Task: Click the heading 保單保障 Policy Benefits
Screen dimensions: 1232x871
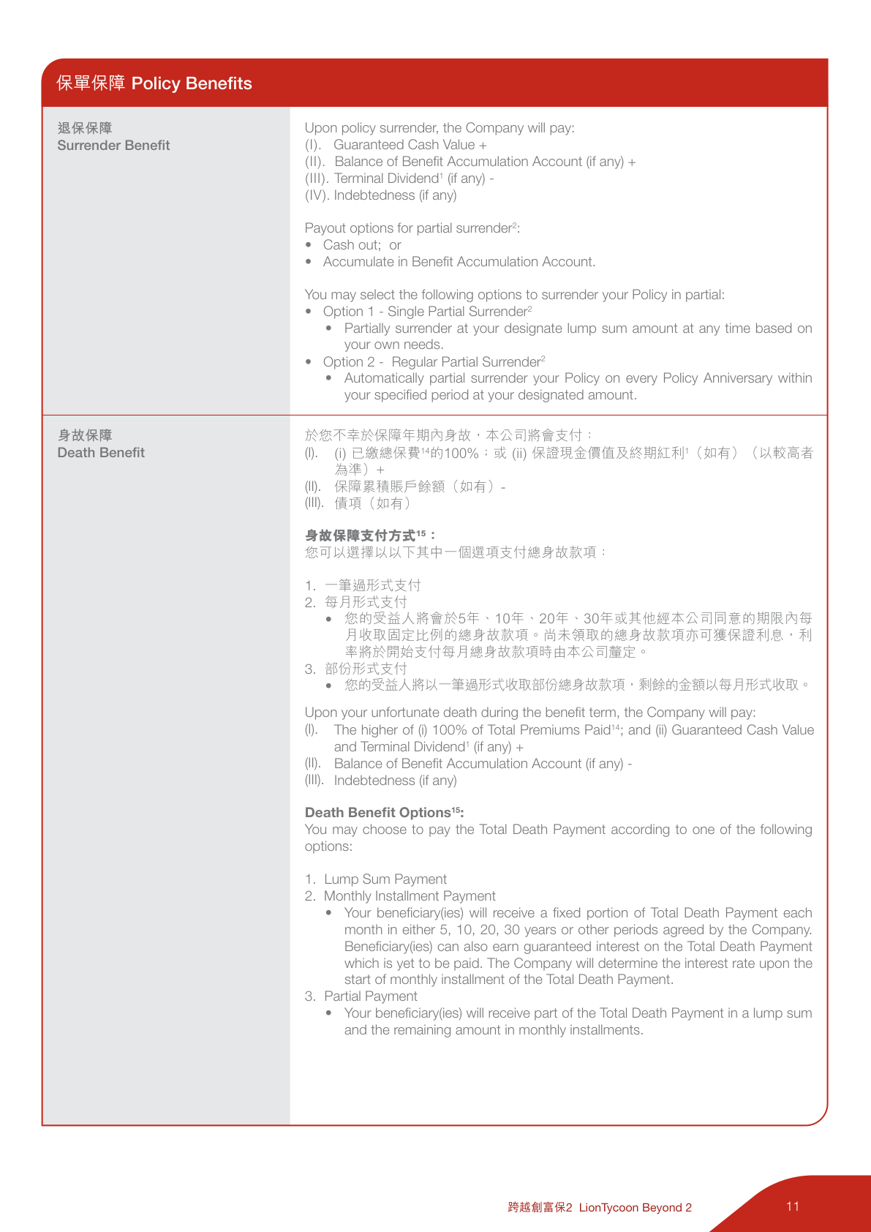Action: [154, 83]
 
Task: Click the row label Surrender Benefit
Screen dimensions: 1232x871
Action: [113, 145]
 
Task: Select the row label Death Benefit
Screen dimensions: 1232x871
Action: [101, 452]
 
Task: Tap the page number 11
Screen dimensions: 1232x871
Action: [793, 1206]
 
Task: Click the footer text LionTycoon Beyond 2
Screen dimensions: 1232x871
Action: [635, 1207]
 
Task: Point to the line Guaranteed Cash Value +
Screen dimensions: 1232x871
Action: [410, 145]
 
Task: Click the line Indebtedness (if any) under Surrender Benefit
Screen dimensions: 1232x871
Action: [395, 195]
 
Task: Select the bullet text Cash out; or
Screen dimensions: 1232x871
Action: [362, 245]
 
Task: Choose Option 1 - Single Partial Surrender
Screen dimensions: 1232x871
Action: [427, 312]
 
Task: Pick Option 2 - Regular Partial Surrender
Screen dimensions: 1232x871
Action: [434, 362]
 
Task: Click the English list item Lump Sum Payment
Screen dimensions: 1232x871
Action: [385, 879]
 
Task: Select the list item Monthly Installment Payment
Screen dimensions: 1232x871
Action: [410, 896]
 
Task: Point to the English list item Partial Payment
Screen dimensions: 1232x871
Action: [371, 996]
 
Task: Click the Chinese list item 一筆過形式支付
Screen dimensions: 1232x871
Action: [373, 585]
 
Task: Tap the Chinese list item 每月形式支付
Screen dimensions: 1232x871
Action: [366, 602]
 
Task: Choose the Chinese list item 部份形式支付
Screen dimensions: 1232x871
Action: [366, 669]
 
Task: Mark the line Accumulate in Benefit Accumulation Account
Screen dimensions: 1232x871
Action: [459, 262]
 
